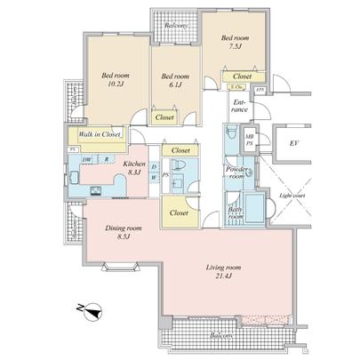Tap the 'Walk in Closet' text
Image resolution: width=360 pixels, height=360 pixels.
100,134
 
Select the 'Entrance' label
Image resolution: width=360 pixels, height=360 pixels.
240,108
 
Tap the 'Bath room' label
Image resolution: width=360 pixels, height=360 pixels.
235,213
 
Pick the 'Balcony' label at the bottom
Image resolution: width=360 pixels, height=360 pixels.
223,337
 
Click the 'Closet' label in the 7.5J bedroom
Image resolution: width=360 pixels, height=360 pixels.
242,77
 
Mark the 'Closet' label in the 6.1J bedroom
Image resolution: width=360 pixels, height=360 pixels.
164,117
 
